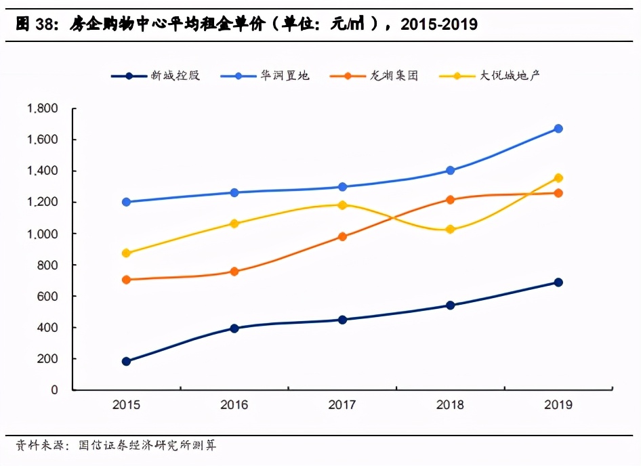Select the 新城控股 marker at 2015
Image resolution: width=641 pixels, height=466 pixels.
126,361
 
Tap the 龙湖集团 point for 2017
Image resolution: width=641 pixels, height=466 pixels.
342,236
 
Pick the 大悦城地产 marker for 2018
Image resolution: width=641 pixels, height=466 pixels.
451,230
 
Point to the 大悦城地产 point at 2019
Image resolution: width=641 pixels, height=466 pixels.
558,178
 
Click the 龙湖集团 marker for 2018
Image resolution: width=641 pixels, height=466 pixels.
451,200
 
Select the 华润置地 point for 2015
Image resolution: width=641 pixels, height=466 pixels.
126,202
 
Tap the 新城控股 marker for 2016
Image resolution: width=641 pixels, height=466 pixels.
234,329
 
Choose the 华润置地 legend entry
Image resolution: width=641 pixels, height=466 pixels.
284,76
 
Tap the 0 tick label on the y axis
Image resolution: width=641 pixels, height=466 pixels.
55,390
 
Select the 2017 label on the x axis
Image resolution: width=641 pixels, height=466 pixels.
342,405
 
